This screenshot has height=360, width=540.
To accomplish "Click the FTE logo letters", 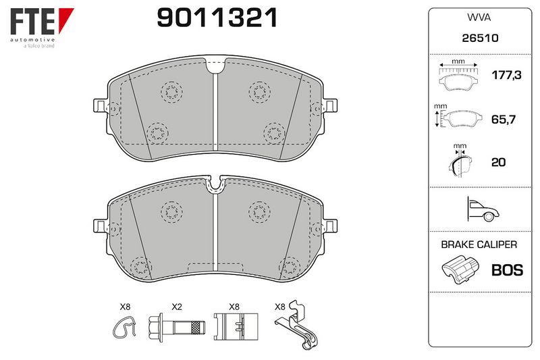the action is click(x=32, y=22).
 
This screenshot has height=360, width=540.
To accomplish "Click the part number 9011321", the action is click(x=217, y=18).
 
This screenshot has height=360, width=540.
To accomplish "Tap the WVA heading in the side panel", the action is click(x=479, y=18).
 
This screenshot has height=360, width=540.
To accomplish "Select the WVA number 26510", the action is click(x=480, y=38).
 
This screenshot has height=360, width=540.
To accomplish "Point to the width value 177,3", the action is click(x=506, y=75).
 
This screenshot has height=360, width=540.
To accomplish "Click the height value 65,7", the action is click(x=504, y=120).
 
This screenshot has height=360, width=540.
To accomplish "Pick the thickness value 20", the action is click(x=498, y=162).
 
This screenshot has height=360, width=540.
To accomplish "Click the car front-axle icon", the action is click(x=482, y=209).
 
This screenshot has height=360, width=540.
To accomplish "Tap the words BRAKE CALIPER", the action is click(x=479, y=245).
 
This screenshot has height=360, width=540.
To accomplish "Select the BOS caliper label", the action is click(x=508, y=270).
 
